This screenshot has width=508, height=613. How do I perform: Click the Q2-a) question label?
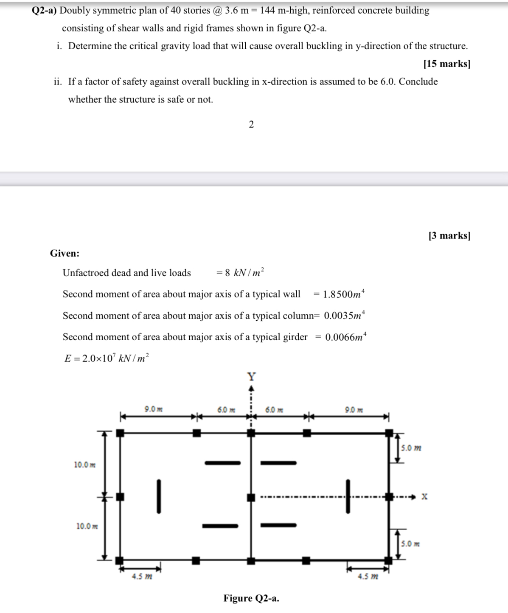44,11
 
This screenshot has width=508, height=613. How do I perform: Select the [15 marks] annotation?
447,64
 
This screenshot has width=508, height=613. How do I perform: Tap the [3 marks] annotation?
449,235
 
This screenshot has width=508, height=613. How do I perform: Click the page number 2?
251,124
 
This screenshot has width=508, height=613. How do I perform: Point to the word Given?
65,253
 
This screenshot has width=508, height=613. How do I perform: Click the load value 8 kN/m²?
244,272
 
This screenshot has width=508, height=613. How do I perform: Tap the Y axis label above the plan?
252,376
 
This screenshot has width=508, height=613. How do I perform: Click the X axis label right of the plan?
424,496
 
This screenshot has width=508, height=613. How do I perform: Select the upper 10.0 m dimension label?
85,465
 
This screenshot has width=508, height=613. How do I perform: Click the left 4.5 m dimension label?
142,577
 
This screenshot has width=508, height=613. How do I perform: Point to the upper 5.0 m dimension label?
411,448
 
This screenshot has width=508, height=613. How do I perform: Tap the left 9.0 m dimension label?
154,409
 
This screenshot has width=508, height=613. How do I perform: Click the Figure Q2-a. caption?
251,598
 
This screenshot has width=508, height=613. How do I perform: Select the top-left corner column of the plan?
121,433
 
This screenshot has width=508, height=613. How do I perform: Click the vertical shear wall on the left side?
159,496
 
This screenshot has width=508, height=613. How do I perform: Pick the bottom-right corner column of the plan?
388,560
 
